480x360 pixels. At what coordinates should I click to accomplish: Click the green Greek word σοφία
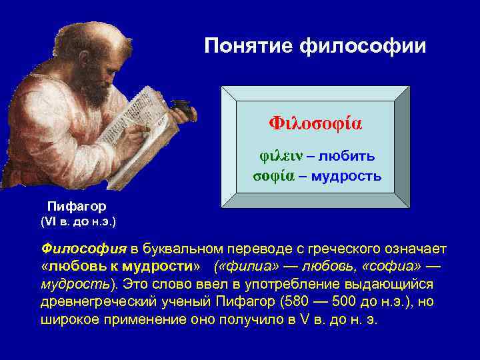(274, 176)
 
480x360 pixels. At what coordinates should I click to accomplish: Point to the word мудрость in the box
(346, 176)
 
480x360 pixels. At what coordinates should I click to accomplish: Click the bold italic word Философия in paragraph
(83, 249)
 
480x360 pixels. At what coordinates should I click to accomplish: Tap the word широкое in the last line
(69, 319)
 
